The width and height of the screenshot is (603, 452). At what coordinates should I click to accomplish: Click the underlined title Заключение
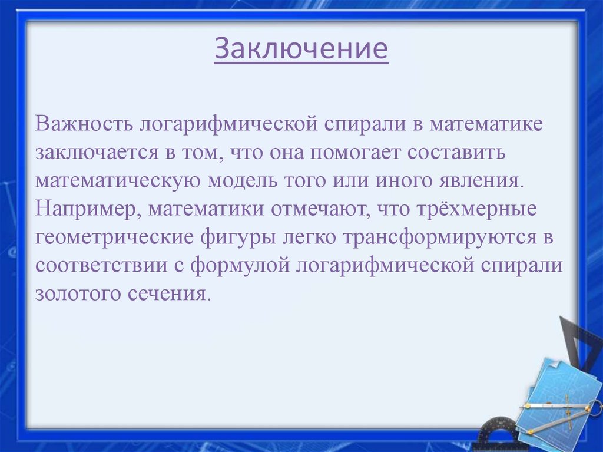(x=301, y=50)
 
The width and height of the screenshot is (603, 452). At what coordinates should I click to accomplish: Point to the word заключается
(x=96, y=153)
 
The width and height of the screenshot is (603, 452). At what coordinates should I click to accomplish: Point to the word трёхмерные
(x=467, y=209)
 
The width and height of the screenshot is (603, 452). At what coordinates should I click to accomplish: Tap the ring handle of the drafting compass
(x=595, y=407)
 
